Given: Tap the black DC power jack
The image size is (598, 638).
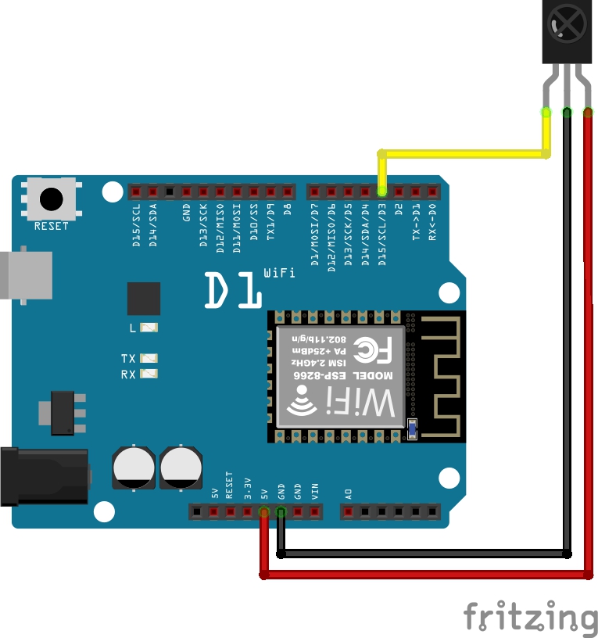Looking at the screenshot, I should [39, 476].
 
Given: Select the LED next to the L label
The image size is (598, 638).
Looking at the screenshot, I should [149, 328].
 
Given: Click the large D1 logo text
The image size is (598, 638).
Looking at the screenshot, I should [233, 291].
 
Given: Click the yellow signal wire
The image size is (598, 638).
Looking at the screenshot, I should [461, 154].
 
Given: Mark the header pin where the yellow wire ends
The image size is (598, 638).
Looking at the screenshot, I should [381, 191].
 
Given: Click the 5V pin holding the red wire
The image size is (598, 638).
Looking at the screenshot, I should [264, 512].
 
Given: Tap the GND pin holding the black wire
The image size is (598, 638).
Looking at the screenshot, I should [281, 512].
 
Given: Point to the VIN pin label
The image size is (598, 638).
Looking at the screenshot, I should [315, 492].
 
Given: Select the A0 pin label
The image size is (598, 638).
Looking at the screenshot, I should [349, 493].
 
